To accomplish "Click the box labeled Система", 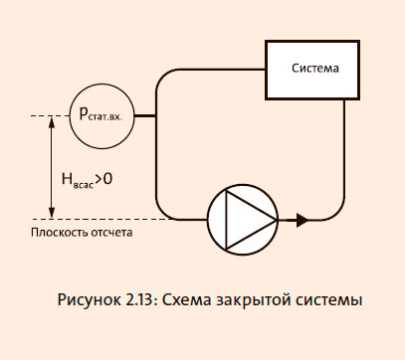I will point(314,70).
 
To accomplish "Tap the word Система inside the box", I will point(314,70).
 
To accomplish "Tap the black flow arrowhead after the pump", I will point(302,218).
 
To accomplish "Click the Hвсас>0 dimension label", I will point(87,180).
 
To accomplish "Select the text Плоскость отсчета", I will point(81,233).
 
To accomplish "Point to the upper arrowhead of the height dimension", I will point(51,122).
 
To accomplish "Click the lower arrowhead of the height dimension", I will point(51,212).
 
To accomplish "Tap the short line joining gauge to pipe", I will point(145,116).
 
